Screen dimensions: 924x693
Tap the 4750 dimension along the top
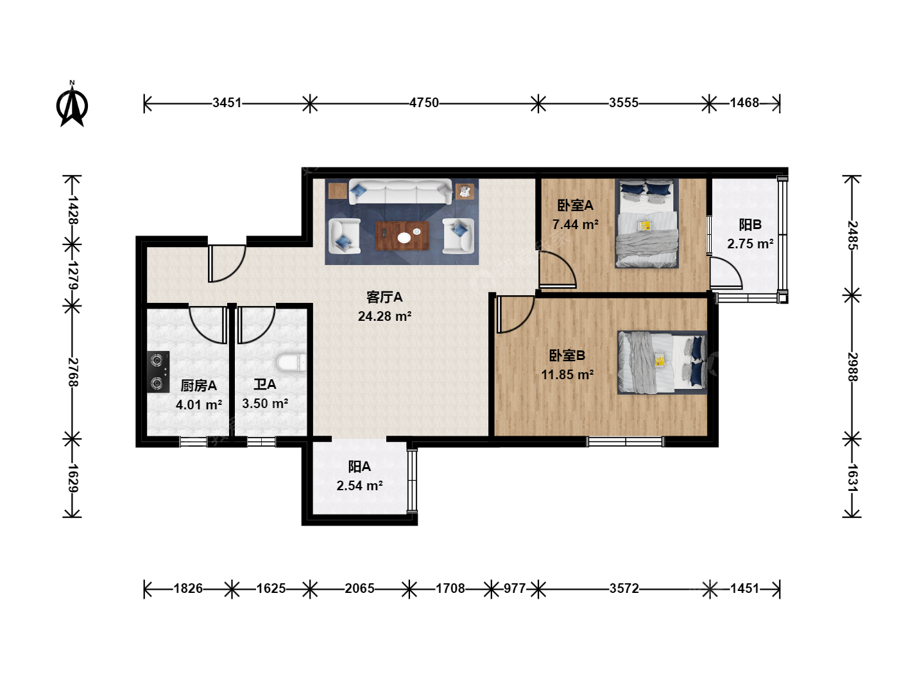(424, 103)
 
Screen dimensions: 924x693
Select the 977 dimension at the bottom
(515, 588)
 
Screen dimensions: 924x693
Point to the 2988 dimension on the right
(852, 367)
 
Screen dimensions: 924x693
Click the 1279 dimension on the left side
(73, 275)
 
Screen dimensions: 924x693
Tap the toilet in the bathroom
(291, 363)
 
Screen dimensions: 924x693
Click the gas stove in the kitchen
(158, 372)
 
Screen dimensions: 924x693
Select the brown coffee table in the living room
(402, 235)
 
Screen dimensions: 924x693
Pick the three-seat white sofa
(400, 192)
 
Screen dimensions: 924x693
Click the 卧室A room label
(575, 205)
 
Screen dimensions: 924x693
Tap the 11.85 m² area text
(567, 375)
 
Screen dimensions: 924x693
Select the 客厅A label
(384, 298)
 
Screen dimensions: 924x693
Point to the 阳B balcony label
(750, 225)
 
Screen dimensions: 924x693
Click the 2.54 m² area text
(359, 486)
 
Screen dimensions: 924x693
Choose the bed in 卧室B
(662, 363)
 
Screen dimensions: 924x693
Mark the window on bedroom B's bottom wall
(625, 442)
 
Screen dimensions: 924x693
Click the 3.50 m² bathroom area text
(265, 404)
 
